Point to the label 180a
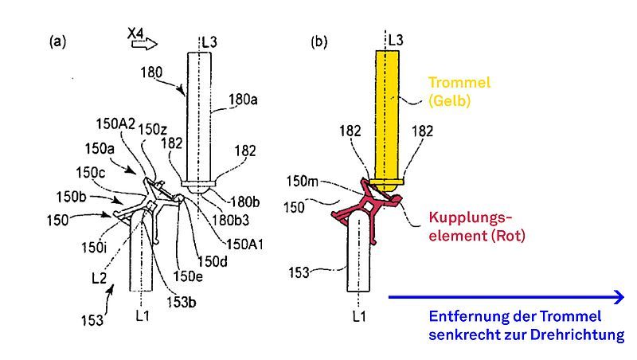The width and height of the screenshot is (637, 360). [241, 100]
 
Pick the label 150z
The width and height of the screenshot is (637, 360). [152, 129]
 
